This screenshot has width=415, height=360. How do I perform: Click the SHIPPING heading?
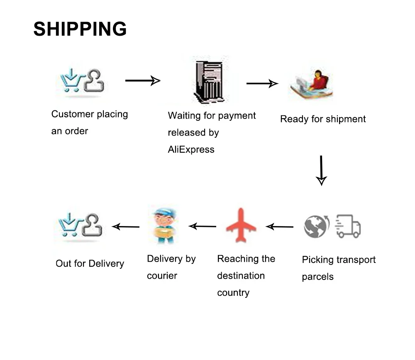(x=80, y=29)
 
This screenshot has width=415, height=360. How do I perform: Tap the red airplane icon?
(x=241, y=225)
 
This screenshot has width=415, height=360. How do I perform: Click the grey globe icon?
(x=316, y=226)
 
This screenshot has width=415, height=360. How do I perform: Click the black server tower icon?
(x=209, y=81)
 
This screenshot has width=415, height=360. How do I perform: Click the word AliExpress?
(x=191, y=149)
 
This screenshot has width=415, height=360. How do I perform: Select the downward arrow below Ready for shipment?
(x=321, y=170)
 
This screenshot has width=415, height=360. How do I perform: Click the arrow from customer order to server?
(x=143, y=80)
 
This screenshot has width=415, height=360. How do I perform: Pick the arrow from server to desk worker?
(x=262, y=83)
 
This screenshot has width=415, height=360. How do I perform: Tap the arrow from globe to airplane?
(x=279, y=227)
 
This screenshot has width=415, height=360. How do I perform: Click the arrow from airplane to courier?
(x=202, y=226)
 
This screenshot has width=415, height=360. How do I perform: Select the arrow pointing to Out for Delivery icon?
(x=126, y=227)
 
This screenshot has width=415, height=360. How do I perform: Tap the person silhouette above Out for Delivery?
(x=92, y=225)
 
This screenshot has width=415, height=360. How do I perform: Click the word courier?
(x=162, y=276)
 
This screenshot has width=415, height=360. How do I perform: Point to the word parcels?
(x=317, y=277)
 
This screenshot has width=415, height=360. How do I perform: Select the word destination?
(x=241, y=276)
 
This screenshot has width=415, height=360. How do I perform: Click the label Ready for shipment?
(x=323, y=119)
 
